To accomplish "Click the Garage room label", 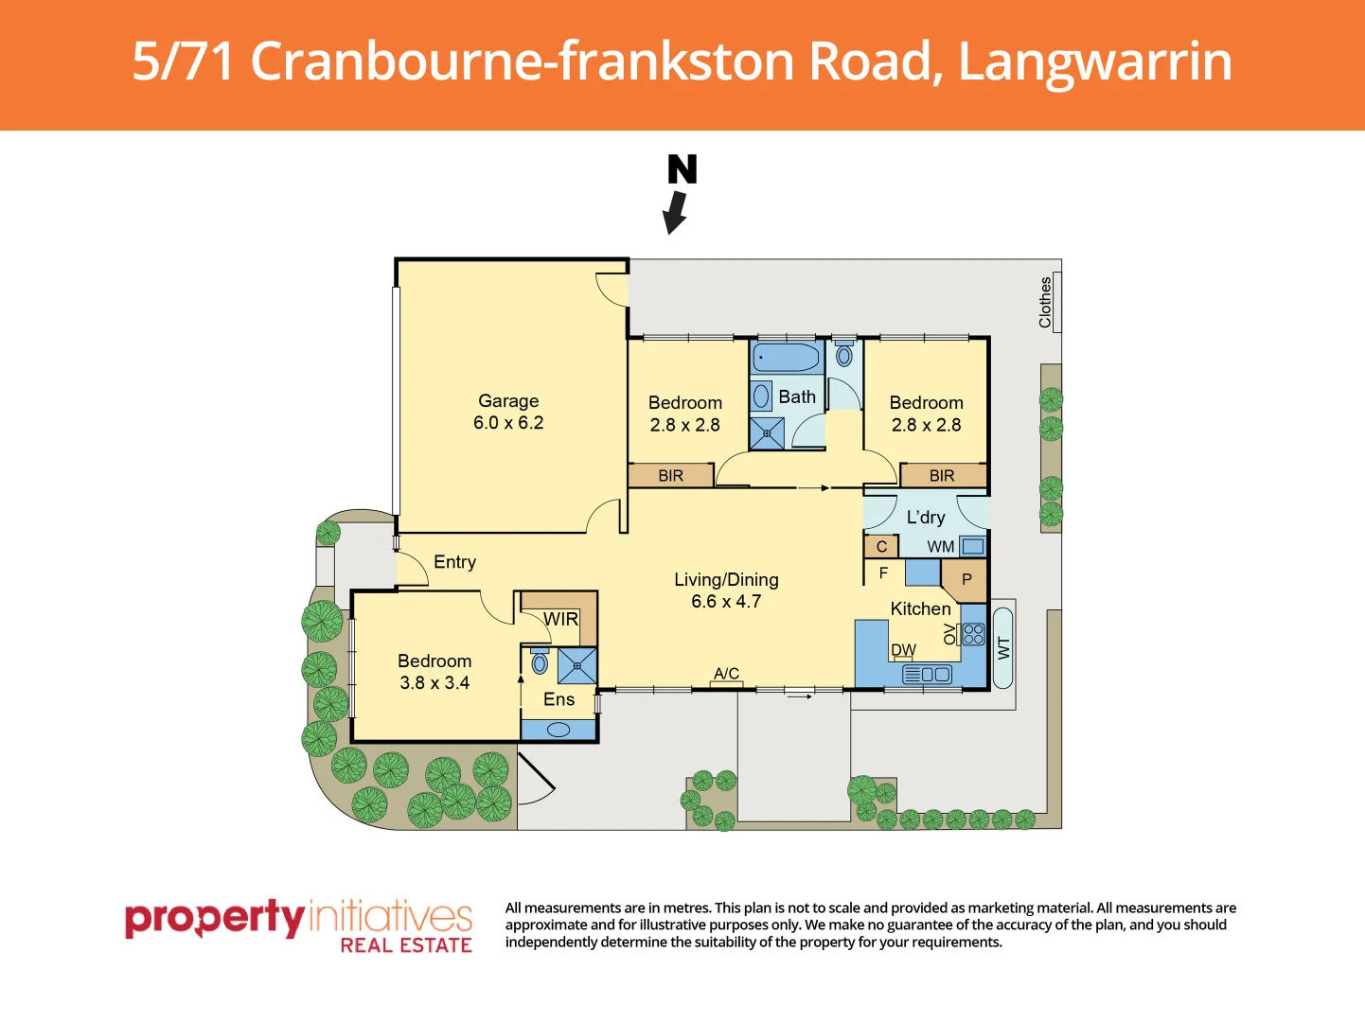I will (x=508, y=401).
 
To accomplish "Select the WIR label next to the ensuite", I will (x=560, y=619).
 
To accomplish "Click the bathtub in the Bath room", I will (x=787, y=358).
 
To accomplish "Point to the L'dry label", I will (x=925, y=518).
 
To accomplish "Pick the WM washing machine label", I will (x=940, y=547).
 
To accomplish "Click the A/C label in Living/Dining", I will (x=726, y=674).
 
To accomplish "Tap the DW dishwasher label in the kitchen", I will (x=903, y=650).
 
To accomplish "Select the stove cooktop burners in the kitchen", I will (x=973, y=634).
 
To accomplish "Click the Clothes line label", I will (x=1045, y=302).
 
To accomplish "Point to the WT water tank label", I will (x=1003, y=648).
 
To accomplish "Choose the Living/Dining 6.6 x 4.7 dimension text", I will (x=726, y=602).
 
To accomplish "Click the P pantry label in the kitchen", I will (x=966, y=579).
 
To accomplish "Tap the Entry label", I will (x=454, y=562).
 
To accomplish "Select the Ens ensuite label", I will (x=558, y=699).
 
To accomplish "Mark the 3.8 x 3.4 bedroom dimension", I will (x=434, y=683).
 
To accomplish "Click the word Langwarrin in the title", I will (x=1095, y=62).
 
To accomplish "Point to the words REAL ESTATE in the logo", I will (x=406, y=944).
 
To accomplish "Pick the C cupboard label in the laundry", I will (x=881, y=547).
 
